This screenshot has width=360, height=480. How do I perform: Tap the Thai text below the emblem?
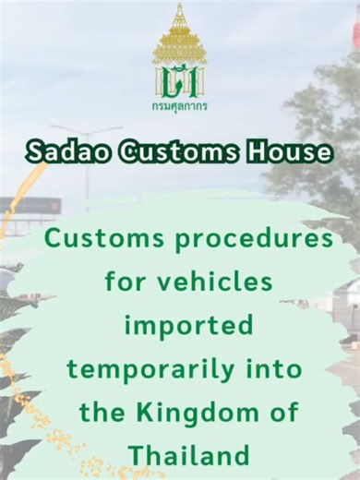[x=179, y=106]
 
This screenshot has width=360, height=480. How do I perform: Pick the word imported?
[x=188, y=326]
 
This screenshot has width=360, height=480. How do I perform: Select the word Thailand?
[x=189, y=455]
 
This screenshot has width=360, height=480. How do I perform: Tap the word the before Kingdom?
[x=103, y=413]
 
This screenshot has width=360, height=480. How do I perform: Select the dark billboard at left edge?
[x=28, y=206]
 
